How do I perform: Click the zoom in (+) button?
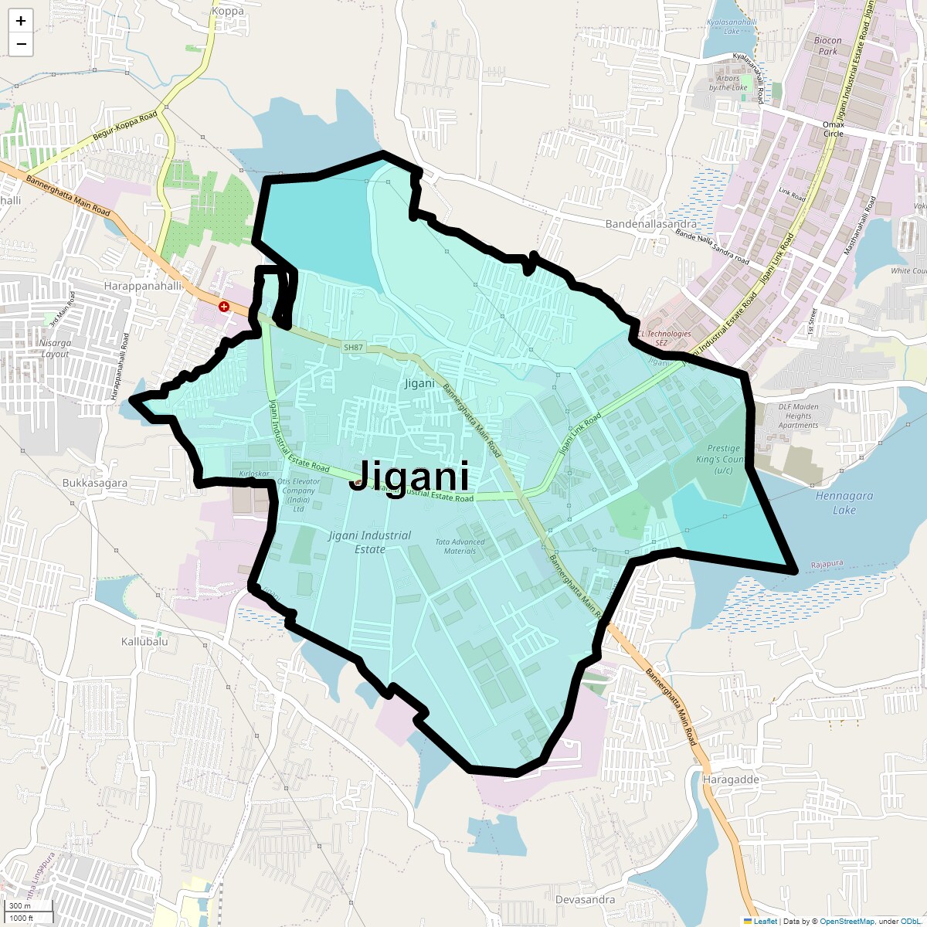(21, 21)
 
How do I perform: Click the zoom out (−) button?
(21, 44)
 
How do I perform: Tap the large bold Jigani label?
(409, 476)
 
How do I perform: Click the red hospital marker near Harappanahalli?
(224, 307)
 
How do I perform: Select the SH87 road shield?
(353, 348)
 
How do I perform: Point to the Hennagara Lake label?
(844, 503)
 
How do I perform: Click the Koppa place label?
(227, 11)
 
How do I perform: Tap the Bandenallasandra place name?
(650, 224)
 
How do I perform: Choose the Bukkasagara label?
(95, 483)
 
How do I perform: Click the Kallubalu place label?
(144, 642)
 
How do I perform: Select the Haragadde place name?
(731, 779)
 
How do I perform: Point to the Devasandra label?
(586, 899)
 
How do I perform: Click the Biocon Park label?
(827, 46)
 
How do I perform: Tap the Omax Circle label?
(833, 129)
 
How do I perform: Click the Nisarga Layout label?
(55, 348)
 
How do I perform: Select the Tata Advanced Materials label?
(460, 546)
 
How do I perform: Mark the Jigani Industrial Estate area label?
(369, 542)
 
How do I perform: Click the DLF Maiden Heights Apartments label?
(798, 416)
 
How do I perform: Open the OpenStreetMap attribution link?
(847, 921)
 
